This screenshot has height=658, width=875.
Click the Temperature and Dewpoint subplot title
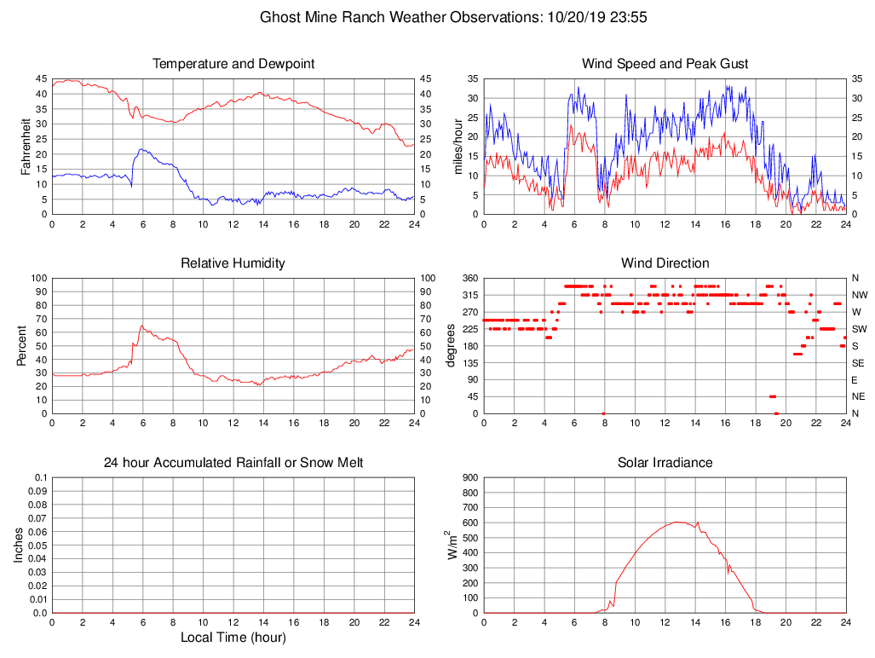233,64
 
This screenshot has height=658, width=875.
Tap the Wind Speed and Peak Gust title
665,64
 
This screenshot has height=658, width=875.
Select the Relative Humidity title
233,263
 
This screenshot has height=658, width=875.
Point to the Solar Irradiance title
665,463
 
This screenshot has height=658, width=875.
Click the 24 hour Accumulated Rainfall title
233,463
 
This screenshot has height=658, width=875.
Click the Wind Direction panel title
665,263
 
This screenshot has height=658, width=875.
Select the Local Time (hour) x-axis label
233,638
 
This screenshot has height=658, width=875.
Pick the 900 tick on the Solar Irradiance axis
469,478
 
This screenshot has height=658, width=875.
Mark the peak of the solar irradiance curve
677,522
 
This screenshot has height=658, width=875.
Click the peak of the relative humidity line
142,325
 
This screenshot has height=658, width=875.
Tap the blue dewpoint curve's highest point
141,149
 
